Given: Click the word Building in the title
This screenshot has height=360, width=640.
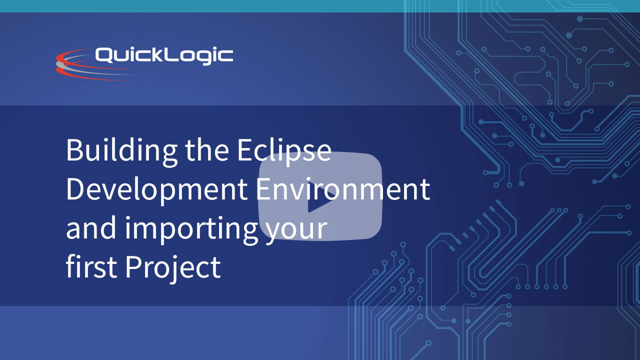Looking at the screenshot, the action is [121, 152].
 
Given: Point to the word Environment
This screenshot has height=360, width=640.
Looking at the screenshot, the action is [343, 189].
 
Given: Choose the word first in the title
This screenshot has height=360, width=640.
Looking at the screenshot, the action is [91, 266].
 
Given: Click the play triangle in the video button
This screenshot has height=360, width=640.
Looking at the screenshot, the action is [319, 197].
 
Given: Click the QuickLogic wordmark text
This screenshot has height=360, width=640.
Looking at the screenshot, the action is [164, 55].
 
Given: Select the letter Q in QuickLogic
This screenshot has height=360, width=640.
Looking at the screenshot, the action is [103, 55].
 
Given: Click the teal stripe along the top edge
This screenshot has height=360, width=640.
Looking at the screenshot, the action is [320, 6].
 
